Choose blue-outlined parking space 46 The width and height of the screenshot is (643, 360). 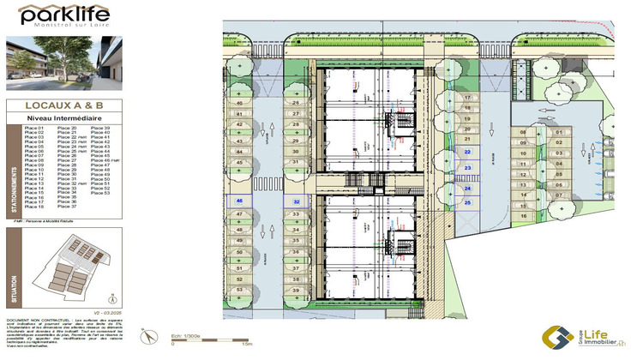click(239, 202)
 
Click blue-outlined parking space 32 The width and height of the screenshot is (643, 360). click(296, 202)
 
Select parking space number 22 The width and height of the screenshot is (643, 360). click(468, 150)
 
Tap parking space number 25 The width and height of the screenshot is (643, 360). click(468, 202)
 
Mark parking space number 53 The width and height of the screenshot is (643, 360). click(239, 291)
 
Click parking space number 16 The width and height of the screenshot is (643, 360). click(523, 216)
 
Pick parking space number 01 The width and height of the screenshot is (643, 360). click(558, 133)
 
